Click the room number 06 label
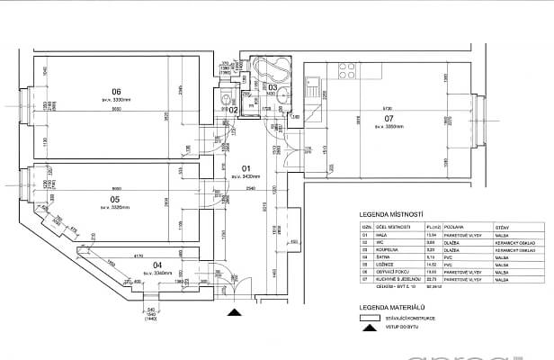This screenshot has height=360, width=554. click(x=116, y=90)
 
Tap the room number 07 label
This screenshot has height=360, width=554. click(x=389, y=119)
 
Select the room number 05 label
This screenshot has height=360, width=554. click(x=115, y=199)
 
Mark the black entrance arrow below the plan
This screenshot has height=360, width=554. click(x=234, y=311)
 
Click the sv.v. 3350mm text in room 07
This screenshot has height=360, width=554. click(x=389, y=128)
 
